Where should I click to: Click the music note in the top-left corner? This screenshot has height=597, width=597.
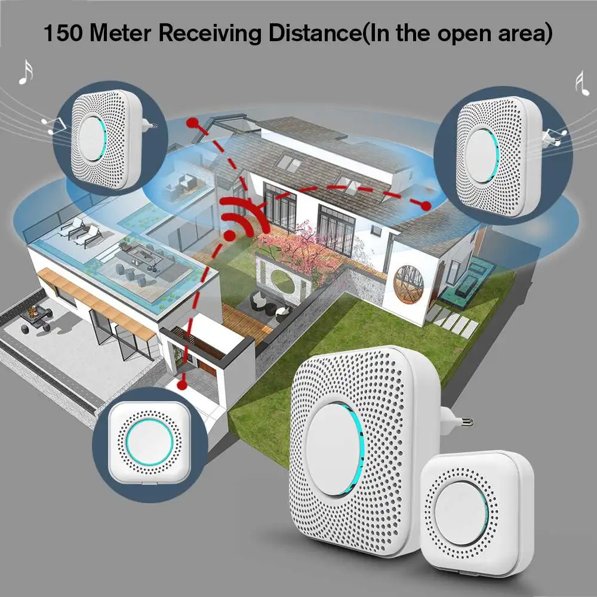click(25, 72)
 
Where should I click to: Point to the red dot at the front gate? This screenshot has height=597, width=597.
click(183, 377)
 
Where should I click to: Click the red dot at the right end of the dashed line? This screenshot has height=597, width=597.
click(426, 205)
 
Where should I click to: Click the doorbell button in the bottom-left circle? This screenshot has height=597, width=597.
click(149, 442)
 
